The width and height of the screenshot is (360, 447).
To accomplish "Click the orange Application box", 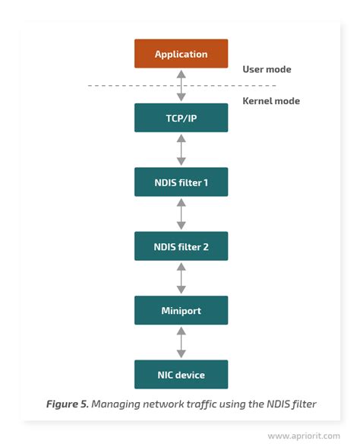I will [x=181, y=54].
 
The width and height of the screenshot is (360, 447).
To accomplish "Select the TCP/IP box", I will [x=181, y=119].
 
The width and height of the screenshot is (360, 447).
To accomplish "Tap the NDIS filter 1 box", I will [x=181, y=182].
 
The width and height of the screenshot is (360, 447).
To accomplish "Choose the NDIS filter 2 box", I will [x=181, y=246].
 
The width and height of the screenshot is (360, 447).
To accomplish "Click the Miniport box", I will [x=181, y=310].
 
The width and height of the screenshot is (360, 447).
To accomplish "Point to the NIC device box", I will [x=181, y=375].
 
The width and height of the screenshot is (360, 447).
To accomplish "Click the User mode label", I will [x=267, y=69].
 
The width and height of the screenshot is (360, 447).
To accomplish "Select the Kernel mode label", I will [x=270, y=101].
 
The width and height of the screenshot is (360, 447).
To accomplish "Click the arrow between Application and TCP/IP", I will [x=181, y=86].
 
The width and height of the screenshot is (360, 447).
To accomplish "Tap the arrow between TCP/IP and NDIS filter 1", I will [x=181, y=151].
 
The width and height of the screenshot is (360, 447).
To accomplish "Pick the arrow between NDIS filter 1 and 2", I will [x=181, y=214].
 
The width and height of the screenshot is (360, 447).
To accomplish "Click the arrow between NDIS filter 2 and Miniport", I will [x=181, y=278].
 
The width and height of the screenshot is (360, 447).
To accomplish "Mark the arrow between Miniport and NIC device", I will [x=181, y=343].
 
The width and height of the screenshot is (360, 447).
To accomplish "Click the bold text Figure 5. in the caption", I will [x=67, y=404].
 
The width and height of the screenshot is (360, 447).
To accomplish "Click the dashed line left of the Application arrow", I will [x=129, y=86].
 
